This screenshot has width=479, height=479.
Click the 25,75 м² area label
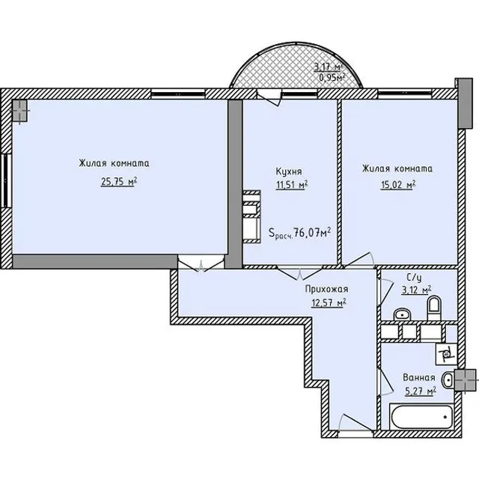coord(119,182)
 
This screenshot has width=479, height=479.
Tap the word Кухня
coord(289,171)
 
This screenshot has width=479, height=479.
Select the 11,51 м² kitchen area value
coord(291,185)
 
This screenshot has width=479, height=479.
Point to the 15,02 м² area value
coord(398,185)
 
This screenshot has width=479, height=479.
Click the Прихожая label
coord(326,289)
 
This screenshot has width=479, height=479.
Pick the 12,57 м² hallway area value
coord(329,302)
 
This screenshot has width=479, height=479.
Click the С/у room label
coord(414,278)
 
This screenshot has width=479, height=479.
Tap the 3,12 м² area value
coord(416,290)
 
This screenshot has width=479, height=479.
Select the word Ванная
coord(419,377)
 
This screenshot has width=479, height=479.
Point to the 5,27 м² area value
coord(421,391)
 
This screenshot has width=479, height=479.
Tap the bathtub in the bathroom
coord(421,417)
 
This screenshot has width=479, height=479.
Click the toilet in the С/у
coord(434,308)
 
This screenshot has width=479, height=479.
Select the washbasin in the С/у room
coord(402,314)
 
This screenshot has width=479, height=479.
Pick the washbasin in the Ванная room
coord(448,379)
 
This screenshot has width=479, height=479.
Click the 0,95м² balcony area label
coord(332,77)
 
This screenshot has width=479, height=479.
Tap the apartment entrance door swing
coord(356,422)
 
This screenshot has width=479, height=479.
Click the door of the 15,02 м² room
coord(359,259)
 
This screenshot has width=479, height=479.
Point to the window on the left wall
coord(6,181)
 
